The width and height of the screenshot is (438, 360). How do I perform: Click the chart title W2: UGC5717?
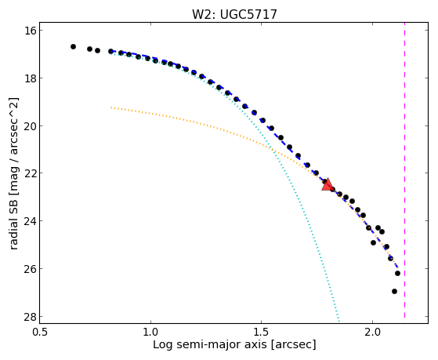[234, 14]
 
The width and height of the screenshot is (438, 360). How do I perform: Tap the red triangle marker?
[327, 184]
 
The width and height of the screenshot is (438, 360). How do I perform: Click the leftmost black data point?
[73, 47]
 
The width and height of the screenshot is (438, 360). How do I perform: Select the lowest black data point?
[394, 292]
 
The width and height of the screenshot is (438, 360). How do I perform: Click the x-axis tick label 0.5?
[41, 332]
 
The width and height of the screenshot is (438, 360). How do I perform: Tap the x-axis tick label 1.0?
[151, 332]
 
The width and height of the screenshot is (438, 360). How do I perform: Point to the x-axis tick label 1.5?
[261, 332]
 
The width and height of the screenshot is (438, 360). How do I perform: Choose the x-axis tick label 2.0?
[372, 332]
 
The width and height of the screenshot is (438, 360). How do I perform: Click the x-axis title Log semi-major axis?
[210, 344]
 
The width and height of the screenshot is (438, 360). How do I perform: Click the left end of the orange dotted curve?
[111, 107]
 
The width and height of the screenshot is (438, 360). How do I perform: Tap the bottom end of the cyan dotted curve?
[338, 321]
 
